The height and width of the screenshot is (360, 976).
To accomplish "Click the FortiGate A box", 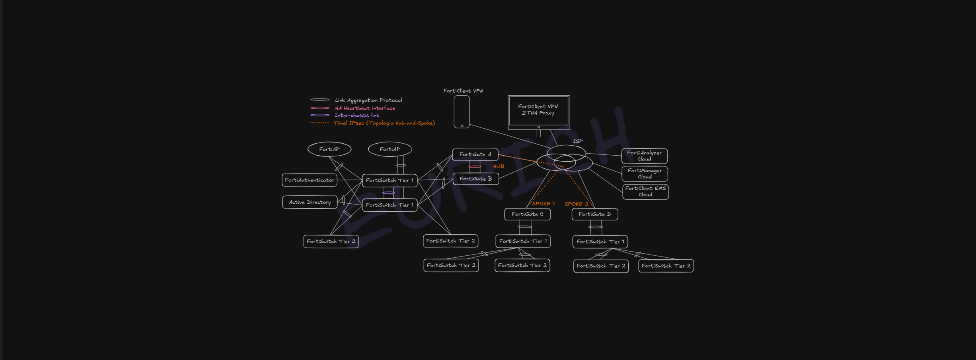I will coord(475,154).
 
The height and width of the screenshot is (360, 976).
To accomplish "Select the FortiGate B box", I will coord(476,179).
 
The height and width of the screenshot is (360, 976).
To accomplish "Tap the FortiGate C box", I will coord(527,214).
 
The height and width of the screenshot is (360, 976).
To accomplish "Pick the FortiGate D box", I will coord(594,214).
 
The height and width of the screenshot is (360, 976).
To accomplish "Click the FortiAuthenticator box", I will coord(310,180).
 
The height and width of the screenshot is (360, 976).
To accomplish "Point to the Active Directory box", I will coord(310,202).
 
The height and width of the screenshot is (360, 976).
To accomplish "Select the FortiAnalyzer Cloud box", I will coord(644,156).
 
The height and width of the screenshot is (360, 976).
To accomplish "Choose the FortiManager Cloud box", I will coord(644,174).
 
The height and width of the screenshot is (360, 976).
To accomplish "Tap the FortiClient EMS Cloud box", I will coord(645,192).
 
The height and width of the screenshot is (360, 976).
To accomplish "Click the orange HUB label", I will coord(498,166).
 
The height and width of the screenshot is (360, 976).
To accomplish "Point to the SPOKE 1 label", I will coord(543,204).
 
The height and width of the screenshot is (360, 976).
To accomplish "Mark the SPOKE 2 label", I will coord(576,204).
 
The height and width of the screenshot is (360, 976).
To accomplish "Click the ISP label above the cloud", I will coord(578,141).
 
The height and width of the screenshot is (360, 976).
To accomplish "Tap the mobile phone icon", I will coord(462,112).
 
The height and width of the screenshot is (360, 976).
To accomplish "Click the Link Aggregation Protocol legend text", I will coord(368,100).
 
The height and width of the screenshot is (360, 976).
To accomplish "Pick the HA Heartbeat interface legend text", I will coord(365,108).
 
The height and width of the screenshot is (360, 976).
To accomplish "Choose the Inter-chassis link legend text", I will coord(357,116).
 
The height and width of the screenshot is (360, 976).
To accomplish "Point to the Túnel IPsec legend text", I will coord(384,123).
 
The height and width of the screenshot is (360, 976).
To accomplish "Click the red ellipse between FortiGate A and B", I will coord(475,166).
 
